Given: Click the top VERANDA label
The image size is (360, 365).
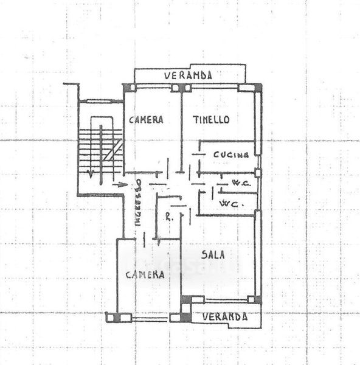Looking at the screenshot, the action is [x=188, y=75].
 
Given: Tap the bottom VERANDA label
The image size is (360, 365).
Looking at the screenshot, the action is [x=225, y=317].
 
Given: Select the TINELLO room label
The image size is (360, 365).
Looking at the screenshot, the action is [x=211, y=120].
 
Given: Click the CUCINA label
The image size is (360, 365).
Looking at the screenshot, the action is [x=231, y=155].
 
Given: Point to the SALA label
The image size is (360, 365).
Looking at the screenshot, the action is [x=213, y=255].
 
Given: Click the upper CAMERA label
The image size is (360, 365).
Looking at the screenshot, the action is [x=146, y=120].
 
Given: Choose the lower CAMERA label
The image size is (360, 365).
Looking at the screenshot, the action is [x=145, y=275].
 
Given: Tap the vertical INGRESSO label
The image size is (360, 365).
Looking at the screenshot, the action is [x=138, y=203].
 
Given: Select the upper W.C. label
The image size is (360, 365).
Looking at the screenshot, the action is [x=241, y=183].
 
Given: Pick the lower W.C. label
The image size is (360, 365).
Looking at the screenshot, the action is [x=232, y=204].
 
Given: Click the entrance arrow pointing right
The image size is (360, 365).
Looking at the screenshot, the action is [x=120, y=185].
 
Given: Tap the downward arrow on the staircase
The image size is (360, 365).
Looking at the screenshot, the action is [x=90, y=172].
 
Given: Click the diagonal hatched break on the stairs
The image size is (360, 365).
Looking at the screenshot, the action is [x=112, y=150].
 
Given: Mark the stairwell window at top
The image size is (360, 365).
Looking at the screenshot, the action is [x=99, y=101].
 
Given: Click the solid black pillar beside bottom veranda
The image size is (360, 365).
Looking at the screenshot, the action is [x=185, y=318].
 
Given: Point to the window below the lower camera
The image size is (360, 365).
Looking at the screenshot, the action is [x=150, y=318].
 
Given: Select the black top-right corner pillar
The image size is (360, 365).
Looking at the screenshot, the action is [x=258, y=88].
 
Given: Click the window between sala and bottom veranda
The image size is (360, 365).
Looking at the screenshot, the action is [x=226, y=300].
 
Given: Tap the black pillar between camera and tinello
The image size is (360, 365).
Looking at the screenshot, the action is [x=181, y=88].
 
